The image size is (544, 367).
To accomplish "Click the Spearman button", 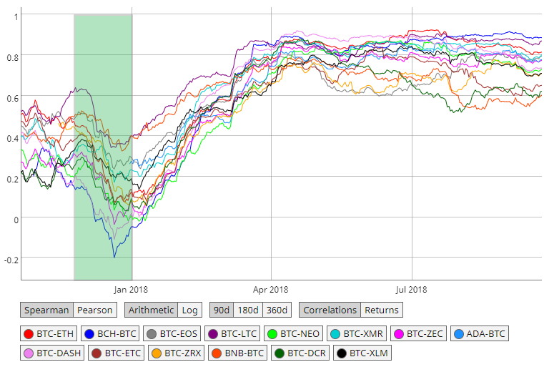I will coord(47,310).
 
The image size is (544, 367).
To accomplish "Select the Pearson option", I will coord(95,310).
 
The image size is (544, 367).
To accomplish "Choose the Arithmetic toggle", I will coord(150,310).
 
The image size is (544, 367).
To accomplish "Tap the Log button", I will coord(189,310).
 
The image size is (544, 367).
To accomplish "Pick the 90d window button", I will coord(222,310).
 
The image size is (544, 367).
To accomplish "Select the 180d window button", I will coord(248,310).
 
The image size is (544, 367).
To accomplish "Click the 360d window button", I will coord(277,310).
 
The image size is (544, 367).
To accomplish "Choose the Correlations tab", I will coord(330,310).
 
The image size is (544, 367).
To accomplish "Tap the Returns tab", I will coord(382,310).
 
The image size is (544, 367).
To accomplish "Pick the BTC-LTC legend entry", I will coord(232,333).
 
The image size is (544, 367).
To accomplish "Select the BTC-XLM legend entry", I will coord(362,353).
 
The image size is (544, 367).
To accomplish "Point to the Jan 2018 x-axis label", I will coord(132,289).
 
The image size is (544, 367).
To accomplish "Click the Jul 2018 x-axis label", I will coord(412,289).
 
